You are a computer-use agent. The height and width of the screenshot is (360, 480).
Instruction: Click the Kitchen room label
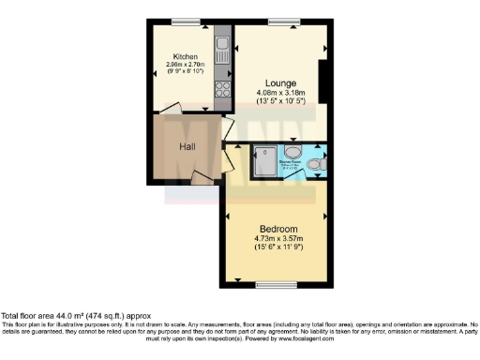pyautogui.click(x=184, y=56)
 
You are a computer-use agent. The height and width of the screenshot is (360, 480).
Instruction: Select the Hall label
pyautogui.click(x=187, y=146)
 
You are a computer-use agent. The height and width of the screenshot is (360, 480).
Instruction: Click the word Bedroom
pyautogui.click(x=278, y=230)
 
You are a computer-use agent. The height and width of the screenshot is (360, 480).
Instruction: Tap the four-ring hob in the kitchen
pyautogui.click(x=224, y=90)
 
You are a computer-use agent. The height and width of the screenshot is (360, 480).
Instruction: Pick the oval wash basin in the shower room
pyautogui.click(x=292, y=150)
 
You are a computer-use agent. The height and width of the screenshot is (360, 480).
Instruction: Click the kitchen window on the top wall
pyautogui.click(x=186, y=22)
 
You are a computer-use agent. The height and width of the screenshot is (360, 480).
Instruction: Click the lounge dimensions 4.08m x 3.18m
pyautogui.click(x=278, y=92)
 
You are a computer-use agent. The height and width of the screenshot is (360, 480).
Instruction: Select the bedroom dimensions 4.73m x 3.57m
pyautogui.click(x=278, y=239)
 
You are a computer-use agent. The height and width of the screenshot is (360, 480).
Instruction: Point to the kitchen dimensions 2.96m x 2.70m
pyautogui.click(x=184, y=65)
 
